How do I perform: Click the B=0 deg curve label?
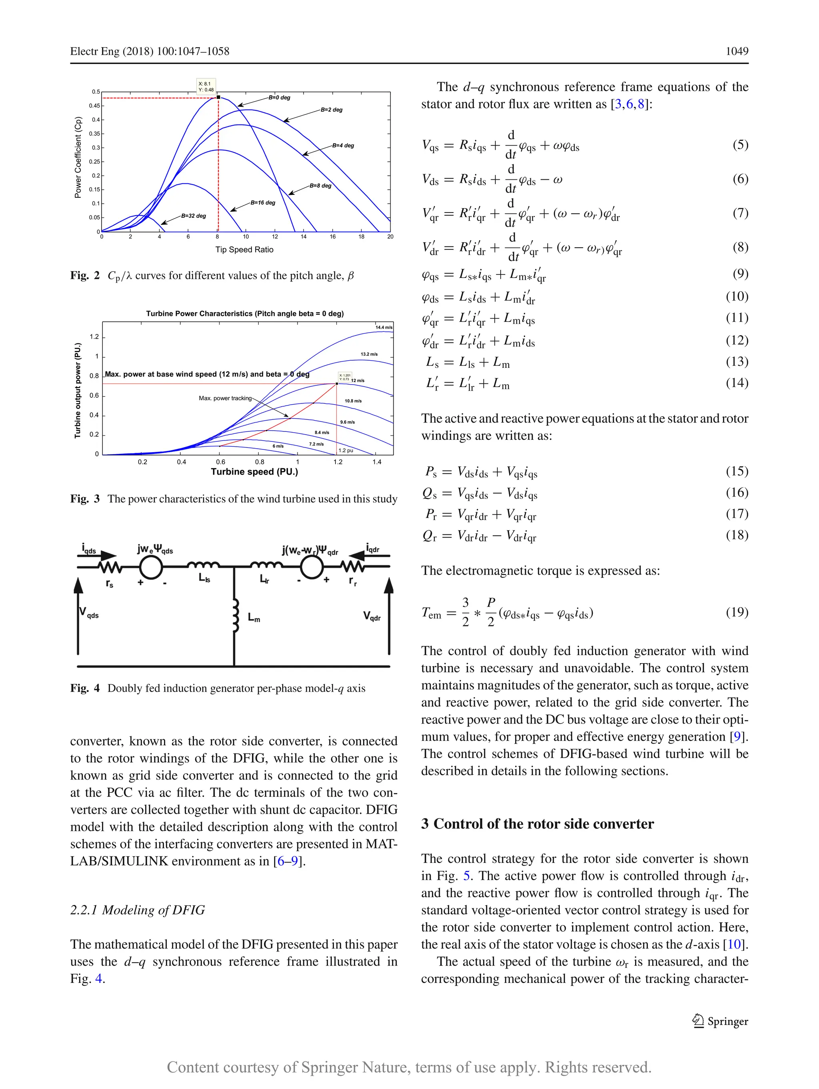click(280, 98)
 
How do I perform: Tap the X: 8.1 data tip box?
click(206, 86)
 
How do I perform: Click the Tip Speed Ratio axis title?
click(244, 250)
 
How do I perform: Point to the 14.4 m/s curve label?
click(384, 327)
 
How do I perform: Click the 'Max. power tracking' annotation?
click(225, 398)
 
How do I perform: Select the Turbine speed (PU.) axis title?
click(254, 471)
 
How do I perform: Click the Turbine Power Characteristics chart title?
click(244, 314)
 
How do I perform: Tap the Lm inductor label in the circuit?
click(254, 618)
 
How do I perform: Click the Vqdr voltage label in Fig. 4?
click(372, 616)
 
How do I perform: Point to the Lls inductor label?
click(204, 578)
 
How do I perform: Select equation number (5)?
click(740, 145)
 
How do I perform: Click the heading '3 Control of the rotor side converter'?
click(537, 824)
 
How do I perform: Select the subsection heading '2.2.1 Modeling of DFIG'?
click(137, 910)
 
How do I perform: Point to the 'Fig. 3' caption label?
click(85, 499)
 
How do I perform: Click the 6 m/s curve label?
click(278, 446)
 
